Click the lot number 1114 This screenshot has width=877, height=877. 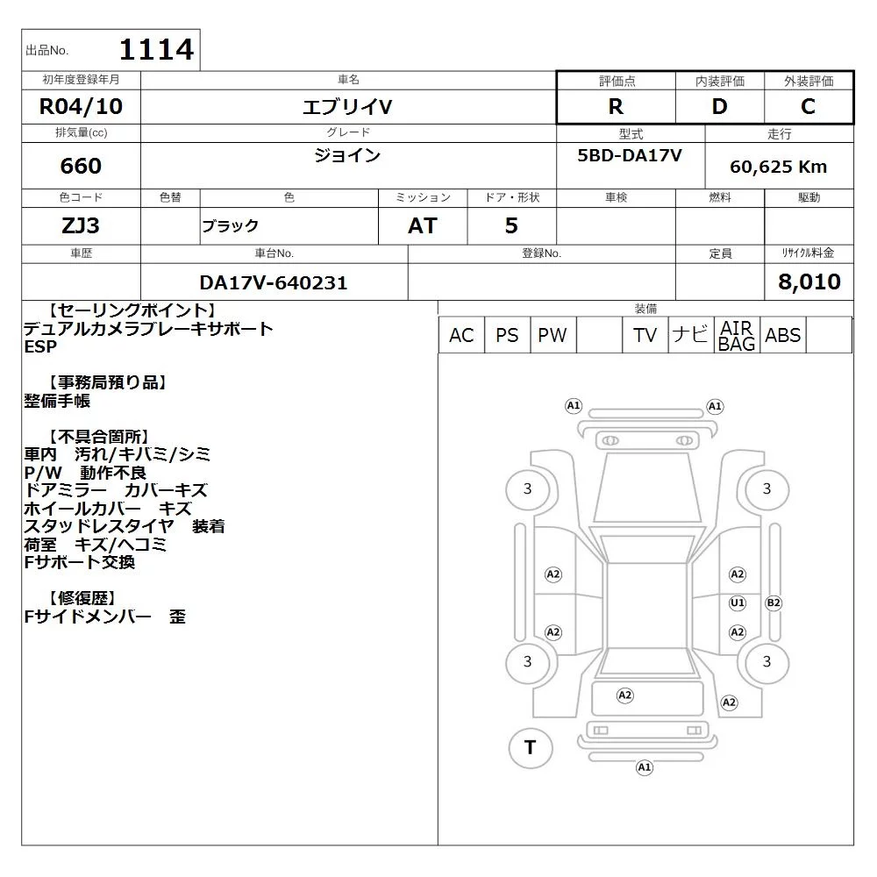click(x=157, y=49)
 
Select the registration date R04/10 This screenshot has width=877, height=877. click(x=81, y=106)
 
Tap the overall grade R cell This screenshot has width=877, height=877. click(x=616, y=106)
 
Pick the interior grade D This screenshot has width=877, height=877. click(x=720, y=106)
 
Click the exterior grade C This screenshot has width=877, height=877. click(x=809, y=106)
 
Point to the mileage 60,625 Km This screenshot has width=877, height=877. click(x=779, y=167)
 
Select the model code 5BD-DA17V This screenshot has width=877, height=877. click(x=630, y=155)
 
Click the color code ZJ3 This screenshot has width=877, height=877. click(x=81, y=225)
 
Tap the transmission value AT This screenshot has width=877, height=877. click(x=423, y=226)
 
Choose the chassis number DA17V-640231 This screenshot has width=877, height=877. click(x=274, y=282)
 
